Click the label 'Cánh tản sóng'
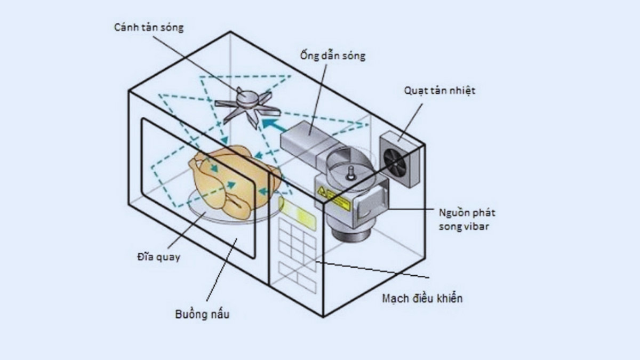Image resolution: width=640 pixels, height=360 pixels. (x=149, y=28)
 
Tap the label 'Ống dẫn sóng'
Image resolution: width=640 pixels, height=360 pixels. (x=332, y=55)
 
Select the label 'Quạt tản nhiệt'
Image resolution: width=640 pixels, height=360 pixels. (x=439, y=90)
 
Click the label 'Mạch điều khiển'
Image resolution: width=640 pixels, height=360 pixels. (x=422, y=298)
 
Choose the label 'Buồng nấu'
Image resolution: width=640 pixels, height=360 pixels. (x=202, y=314)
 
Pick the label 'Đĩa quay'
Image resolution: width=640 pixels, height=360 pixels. (x=158, y=257)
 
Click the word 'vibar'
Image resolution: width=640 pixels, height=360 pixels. (x=483, y=226)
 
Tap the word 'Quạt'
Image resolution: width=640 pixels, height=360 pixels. (x=414, y=90)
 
